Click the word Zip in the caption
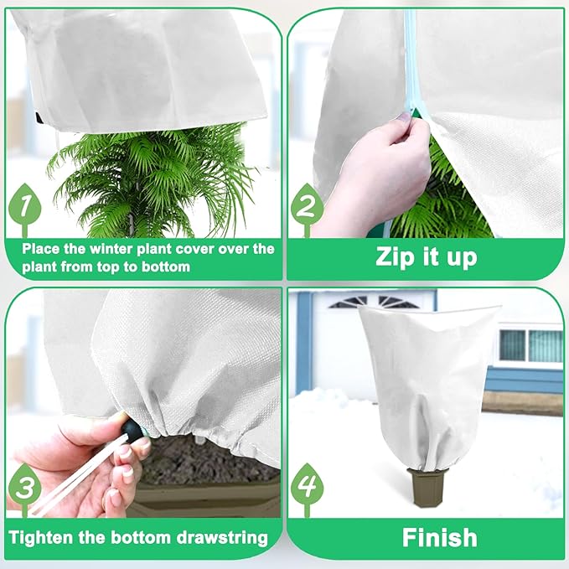[396, 256]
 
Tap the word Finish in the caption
[439, 537]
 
